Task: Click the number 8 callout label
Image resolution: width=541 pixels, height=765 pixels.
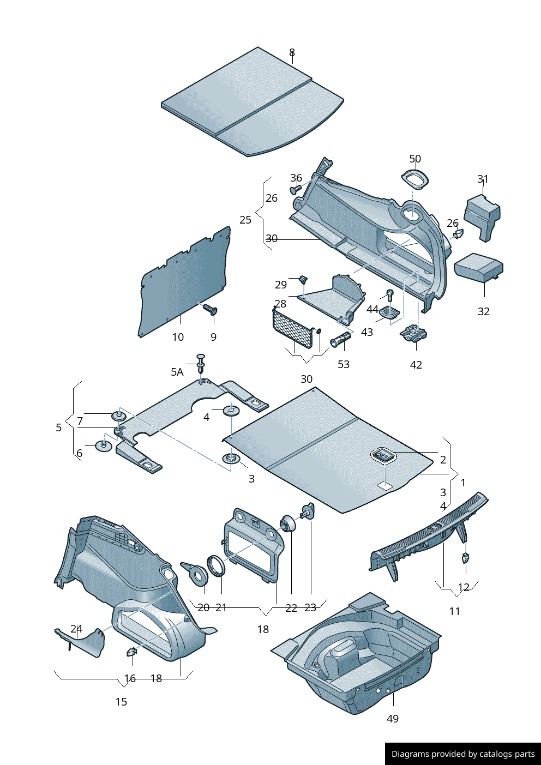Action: pos(292,52)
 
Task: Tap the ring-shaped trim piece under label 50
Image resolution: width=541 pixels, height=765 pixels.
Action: pos(415,178)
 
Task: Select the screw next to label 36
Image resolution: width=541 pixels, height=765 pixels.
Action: pos(296,189)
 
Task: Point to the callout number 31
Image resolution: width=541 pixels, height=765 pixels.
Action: pos(483,179)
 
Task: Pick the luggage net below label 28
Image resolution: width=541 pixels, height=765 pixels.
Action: pos(293,328)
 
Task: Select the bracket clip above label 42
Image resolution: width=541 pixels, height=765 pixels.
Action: pos(414,333)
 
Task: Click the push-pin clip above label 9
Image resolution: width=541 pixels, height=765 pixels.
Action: pos(210,310)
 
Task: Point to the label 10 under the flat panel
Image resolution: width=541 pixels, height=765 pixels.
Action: pos(178,337)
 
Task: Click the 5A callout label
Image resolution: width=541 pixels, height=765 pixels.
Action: pos(177,372)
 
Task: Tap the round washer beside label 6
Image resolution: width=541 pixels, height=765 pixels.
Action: pos(103,445)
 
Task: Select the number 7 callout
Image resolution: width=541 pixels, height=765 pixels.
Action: pos(80,421)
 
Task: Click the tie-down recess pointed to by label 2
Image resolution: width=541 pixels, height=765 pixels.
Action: pos(383,455)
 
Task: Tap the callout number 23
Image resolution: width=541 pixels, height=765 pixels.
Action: pos(310,607)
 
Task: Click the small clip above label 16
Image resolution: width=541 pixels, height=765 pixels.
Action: pos(131,652)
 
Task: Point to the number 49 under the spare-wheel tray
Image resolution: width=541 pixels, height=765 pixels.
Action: pos(392,719)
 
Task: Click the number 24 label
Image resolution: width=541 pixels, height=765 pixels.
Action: pos(76,629)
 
